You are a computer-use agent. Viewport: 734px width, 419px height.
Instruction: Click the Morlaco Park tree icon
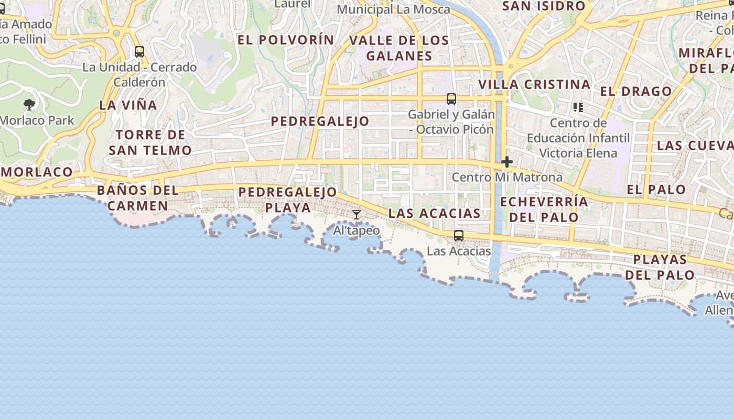[x=29, y=105]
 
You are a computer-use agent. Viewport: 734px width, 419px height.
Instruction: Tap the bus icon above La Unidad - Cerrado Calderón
[x=139, y=52]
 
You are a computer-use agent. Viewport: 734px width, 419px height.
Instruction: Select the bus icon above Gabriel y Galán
[x=451, y=98]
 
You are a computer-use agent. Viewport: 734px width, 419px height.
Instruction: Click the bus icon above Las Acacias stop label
[x=459, y=236]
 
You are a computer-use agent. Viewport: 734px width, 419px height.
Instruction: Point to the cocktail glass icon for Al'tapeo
[x=357, y=215]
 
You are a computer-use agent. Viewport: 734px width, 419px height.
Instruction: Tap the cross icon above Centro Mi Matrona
[x=506, y=162]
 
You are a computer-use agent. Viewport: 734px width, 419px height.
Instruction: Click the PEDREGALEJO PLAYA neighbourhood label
[x=287, y=200]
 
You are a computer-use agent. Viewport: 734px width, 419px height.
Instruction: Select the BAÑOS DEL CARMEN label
[x=138, y=197]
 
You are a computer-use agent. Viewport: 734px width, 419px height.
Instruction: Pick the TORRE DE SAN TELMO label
[x=150, y=142]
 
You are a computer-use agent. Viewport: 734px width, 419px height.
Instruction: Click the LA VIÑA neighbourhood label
[x=128, y=105]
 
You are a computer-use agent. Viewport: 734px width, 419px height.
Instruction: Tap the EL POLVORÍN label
[x=285, y=40]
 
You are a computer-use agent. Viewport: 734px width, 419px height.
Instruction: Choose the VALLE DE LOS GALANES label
[x=399, y=48]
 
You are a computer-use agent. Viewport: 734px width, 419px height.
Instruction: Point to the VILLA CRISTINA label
[x=534, y=84]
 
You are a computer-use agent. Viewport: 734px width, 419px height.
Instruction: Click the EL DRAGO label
[x=635, y=91]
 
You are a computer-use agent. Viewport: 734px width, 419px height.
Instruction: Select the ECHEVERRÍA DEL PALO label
[x=544, y=209]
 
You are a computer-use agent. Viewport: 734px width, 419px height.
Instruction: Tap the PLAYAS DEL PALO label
[x=660, y=267]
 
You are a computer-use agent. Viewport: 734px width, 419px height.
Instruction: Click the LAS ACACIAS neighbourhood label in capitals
[x=434, y=213]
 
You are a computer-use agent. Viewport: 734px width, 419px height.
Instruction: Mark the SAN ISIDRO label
[x=543, y=6]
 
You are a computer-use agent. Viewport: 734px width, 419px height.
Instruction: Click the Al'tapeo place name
[x=357, y=230]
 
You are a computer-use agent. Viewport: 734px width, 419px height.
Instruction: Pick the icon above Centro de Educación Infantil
[x=578, y=107]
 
